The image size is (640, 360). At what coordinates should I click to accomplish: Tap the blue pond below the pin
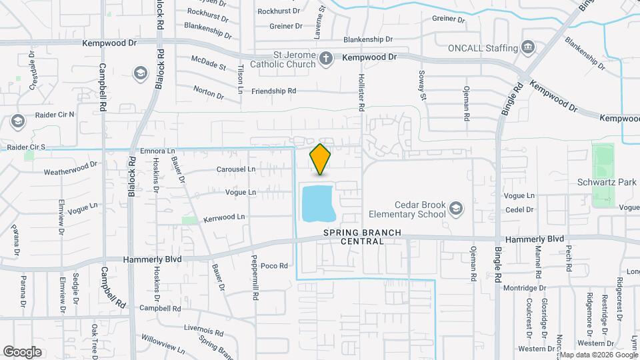317,203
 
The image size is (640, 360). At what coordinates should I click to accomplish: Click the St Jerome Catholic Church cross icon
326,58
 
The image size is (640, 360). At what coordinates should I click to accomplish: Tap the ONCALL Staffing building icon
529,47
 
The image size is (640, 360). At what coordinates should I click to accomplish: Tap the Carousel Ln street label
236,170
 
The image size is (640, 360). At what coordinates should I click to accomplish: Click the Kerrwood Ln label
224,217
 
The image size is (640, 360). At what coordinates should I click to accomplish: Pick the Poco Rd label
273,265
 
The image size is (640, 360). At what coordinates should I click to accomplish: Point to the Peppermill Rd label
255,278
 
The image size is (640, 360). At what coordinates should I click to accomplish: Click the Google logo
23,351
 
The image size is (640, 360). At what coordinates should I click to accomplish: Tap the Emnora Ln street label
158,151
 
